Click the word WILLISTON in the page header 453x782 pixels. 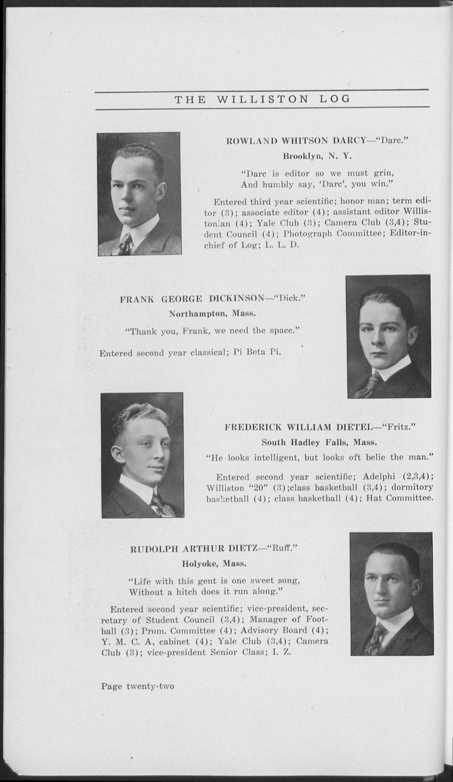(x=262, y=99)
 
